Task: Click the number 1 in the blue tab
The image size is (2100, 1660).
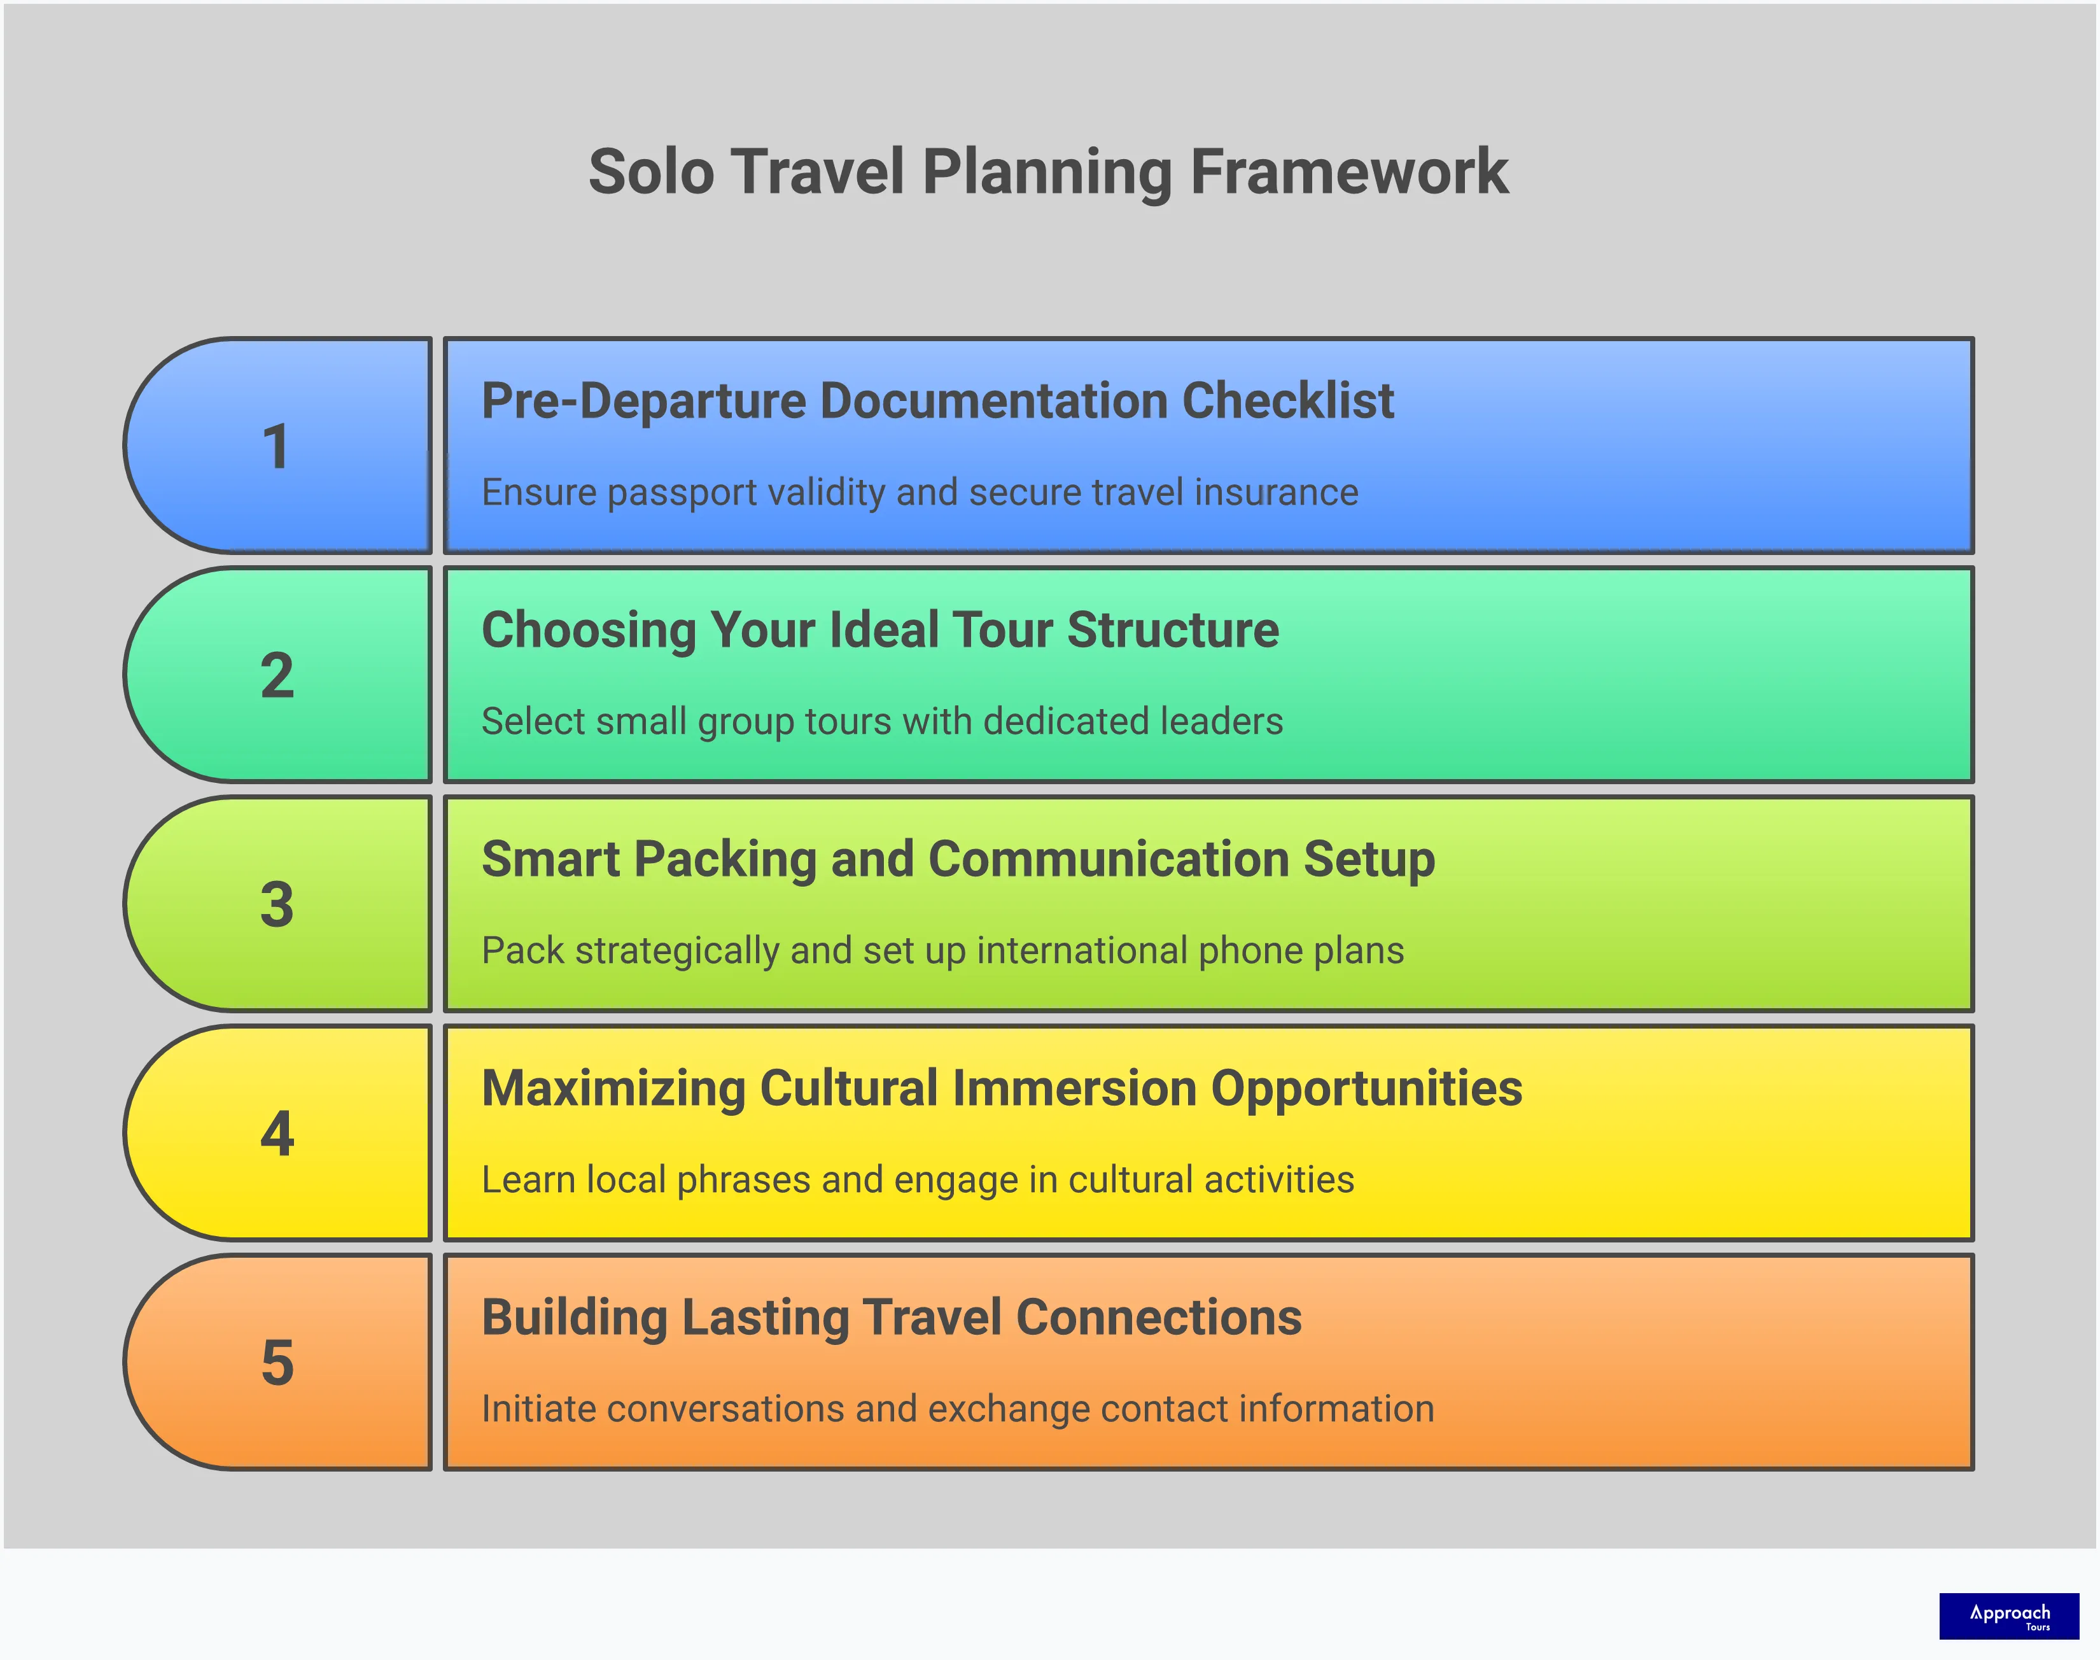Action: click(276, 447)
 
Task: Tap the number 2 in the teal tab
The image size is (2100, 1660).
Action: click(277, 675)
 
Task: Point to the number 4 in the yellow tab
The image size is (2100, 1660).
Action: click(277, 1133)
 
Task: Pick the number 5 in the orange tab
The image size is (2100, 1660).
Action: click(277, 1363)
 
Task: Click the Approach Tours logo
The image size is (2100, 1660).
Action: click(2008, 1615)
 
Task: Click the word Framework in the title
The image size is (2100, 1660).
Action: click(1349, 172)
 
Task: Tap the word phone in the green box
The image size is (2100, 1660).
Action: click(1250, 950)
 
